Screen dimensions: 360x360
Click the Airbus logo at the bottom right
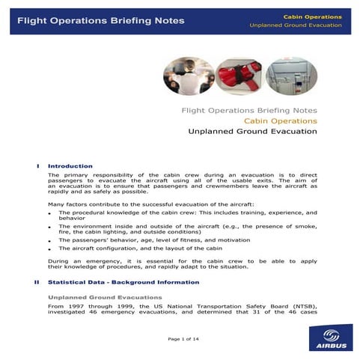(327, 336)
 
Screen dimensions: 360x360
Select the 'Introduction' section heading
(70, 165)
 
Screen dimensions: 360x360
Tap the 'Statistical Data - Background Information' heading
(123, 282)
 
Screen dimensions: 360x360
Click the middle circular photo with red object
(238, 76)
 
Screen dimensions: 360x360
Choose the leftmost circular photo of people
(187, 76)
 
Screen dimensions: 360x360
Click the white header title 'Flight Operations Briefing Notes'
(100, 20)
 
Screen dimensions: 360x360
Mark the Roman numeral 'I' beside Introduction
(37, 165)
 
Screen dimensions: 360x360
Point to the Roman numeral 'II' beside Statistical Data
(37, 282)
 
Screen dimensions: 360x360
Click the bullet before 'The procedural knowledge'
(49, 214)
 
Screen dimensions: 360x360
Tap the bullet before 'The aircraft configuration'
(49, 249)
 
